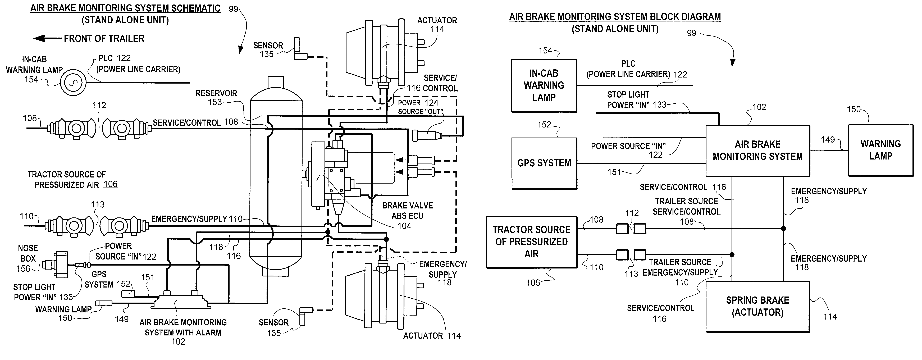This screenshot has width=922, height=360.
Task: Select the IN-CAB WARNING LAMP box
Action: pos(544,85)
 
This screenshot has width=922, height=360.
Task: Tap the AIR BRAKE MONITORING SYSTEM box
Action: pos(757,151)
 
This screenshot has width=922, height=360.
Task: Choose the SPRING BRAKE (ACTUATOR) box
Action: pos(757,307)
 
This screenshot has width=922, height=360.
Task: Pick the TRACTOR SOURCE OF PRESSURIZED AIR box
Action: pos(531,242)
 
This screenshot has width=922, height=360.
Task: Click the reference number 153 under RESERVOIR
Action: pos(215,102)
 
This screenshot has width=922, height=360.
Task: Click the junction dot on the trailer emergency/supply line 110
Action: pos(732,255)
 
